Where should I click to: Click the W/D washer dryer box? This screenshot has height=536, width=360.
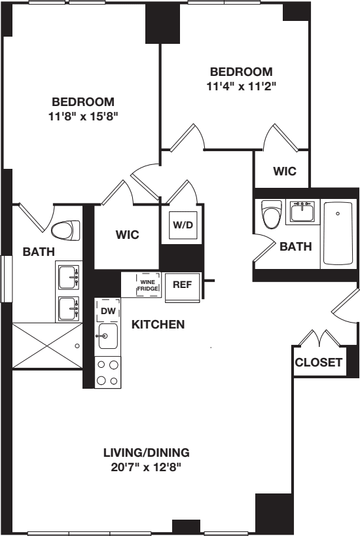182,225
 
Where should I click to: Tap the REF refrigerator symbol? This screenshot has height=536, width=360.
181,285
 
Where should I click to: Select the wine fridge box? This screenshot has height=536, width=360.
147,285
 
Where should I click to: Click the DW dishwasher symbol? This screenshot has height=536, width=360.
108,312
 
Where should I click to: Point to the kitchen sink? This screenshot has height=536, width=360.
107,338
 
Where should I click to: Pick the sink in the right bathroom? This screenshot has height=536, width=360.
302,212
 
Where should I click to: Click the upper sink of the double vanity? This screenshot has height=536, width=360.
68,278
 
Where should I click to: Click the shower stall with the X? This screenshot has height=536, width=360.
46,345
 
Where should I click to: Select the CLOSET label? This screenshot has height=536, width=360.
318,363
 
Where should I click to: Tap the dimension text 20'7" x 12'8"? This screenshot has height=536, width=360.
147,467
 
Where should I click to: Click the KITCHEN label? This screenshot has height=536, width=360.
158,324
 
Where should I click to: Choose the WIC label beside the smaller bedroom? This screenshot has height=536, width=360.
285,171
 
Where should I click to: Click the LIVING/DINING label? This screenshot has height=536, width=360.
147,452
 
